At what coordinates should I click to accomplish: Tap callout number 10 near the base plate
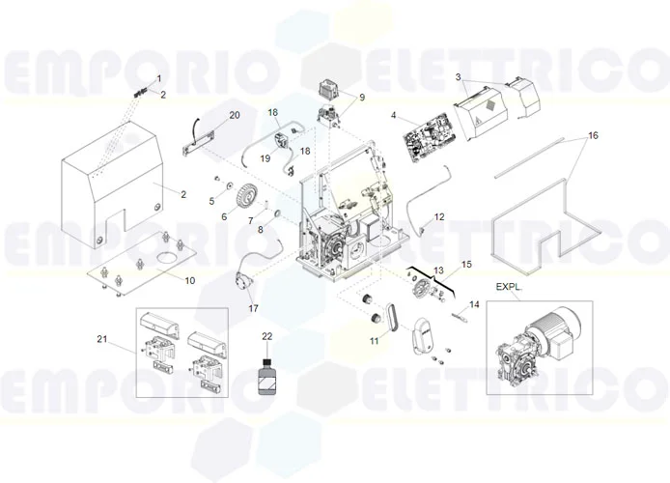click(189, 280)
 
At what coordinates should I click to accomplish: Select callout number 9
click(362, 98)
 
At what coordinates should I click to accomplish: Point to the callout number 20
click(234, 116)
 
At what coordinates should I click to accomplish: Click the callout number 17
click(254, 309)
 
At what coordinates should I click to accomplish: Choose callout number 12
click(439, 217)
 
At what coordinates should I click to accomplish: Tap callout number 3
click(461, 77)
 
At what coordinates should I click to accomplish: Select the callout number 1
click(160, 77)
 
